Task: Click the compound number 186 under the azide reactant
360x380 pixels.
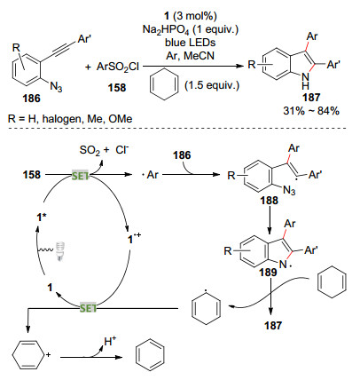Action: coord(31,99)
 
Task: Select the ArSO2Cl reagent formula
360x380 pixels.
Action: coord(117,67)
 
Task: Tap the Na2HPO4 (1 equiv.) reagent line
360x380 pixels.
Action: coord(191,29)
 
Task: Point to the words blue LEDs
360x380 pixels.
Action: coord(191,43)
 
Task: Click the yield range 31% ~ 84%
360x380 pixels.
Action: coord(311,111)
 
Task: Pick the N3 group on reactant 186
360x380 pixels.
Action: coord(56,87)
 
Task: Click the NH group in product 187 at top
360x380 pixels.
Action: coord(306,81)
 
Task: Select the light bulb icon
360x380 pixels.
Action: coord(60,251)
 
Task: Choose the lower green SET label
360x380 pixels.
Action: coord(88,308)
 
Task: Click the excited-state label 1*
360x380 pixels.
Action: coord(42,218)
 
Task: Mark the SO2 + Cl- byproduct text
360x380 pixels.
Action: coord(105,150)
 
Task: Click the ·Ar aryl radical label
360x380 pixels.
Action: coord(150,175)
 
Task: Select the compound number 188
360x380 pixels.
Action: coord(269,201)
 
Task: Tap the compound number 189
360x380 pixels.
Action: coord(268,273)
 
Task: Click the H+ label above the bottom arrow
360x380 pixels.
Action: coord(110,342)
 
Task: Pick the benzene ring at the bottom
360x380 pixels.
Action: coord(150,356)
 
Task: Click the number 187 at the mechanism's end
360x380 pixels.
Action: coord(273,326)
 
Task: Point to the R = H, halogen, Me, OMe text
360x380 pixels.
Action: coord(70,119)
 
